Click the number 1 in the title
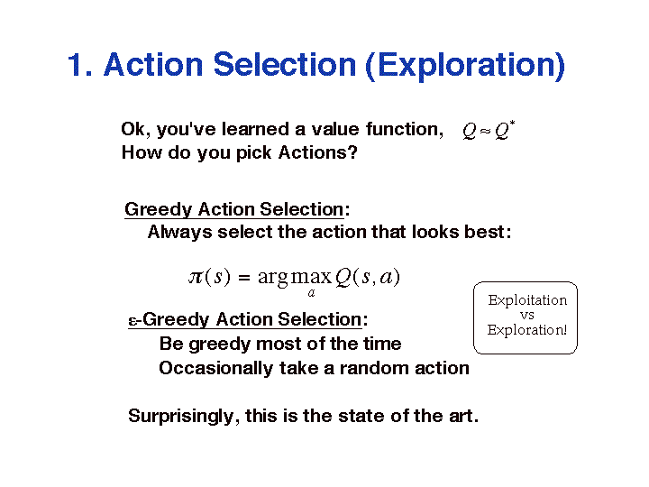point(75,65)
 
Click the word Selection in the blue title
point(285,65)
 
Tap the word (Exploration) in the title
point(465,66)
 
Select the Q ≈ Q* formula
point(489,131)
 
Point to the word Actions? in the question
point(318,152)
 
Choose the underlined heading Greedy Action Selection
point(234,209)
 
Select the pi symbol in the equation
point(197,276)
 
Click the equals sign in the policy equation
point(244,277)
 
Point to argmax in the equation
point(295,277)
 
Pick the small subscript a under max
point(311,293)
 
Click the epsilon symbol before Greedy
point(133,321)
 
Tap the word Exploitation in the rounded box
point(527,300)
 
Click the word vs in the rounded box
point(527,316)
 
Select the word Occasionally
point(215,368)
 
